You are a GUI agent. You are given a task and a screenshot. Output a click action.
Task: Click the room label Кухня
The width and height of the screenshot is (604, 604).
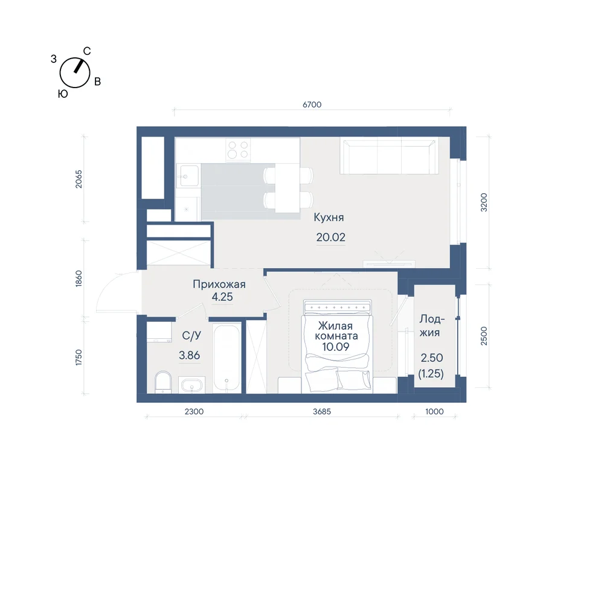(x=329, y=217)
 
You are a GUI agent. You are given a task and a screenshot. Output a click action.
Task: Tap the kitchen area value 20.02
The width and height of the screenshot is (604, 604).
(x=330, y=237)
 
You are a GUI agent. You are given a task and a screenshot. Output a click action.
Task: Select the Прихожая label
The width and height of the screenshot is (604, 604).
(x=219, y=284)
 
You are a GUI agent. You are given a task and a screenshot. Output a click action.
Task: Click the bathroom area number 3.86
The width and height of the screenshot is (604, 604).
(x=189, y=355)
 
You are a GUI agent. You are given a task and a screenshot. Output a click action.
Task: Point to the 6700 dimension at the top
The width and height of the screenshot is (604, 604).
(x=312, y=104)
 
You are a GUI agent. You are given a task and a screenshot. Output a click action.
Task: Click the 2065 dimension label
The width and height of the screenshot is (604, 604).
(x=79, y=179)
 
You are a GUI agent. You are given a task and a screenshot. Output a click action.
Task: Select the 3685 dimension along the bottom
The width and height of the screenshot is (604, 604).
(x=322, y=411)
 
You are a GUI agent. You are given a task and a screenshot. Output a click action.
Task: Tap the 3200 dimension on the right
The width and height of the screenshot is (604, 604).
(x=484, y=202)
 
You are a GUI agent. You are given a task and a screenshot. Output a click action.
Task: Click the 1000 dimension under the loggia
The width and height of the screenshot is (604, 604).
(x=434, y=411)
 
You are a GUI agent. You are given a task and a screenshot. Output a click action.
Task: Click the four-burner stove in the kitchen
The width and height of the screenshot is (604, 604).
(x=237, y=150)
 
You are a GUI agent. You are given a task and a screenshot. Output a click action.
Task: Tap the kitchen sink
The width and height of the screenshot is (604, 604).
(x=189, y=176)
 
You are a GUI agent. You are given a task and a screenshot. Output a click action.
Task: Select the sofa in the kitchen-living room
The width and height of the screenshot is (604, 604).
(x=389, y=156)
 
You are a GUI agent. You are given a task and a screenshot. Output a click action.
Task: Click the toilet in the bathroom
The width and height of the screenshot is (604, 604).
(x=163, y=382)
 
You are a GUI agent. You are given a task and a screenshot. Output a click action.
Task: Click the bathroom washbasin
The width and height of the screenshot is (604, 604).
(x=191, y=385)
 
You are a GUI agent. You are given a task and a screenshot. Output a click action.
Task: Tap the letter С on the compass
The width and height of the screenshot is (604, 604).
(x=87, y=51)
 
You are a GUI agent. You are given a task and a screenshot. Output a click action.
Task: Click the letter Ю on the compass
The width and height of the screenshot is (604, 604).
(x=63, y=94)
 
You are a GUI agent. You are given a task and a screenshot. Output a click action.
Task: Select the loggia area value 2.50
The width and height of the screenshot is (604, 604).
(x=432, y=358)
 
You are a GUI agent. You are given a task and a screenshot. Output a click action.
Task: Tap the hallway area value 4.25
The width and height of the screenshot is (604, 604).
(x=222, y=297)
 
